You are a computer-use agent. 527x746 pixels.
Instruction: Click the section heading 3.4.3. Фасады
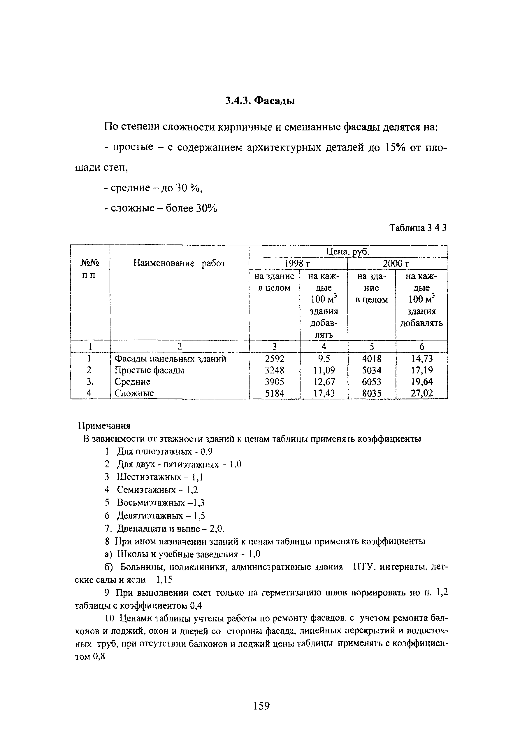coord(260,101)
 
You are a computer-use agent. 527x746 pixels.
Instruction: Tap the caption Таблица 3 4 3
coord(418,228)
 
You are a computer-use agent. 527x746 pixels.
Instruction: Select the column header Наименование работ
coord(179,263)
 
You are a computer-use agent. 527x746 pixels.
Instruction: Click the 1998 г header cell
coord(298,263)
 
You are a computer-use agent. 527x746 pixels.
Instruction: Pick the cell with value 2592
coord(274,359)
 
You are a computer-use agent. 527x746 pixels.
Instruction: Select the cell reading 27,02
coord(422,394)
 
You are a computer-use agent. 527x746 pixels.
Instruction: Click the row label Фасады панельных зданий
coord(170,359)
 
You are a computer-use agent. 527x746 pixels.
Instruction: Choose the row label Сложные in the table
coord(134,394)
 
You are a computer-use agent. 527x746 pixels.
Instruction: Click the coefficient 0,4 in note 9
coord(196,606)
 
